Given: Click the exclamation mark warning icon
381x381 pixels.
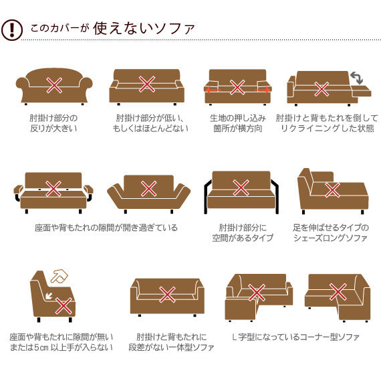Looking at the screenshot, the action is (x=12, y=30).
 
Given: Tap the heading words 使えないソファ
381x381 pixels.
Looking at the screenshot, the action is (x=144, y=29).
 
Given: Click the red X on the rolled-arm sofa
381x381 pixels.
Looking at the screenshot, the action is (x=54, y=85).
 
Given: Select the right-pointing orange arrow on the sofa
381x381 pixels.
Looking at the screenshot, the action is (x=263, y=90).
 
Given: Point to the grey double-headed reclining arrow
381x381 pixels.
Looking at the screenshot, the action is (x=356, y=78).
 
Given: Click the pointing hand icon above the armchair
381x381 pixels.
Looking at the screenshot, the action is (x=59, y=277).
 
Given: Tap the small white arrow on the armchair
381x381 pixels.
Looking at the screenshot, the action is (x=49, y=296).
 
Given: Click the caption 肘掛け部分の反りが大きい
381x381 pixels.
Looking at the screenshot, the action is (x=53, y=123).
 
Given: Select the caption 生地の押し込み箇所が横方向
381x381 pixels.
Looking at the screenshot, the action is (x=238, y=123).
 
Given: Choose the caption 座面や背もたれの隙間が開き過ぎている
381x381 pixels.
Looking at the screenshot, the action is (x=106, y=228).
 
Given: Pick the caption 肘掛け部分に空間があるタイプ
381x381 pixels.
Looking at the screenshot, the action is (x=243, y=233).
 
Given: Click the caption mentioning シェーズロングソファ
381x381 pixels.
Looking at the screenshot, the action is (x=331, y=233).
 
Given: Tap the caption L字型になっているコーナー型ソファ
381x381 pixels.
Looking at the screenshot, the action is (x=295, y=337).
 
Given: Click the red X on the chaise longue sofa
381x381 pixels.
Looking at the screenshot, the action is (x=332, y=190).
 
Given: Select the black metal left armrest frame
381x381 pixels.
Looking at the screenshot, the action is (x=206, y=197).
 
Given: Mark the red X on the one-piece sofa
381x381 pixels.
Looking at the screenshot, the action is (x=167, y=295).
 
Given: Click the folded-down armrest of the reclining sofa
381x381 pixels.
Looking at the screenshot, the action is (x=362, y=91).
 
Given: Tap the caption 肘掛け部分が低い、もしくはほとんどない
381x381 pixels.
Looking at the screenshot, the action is (x=150, y=123).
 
